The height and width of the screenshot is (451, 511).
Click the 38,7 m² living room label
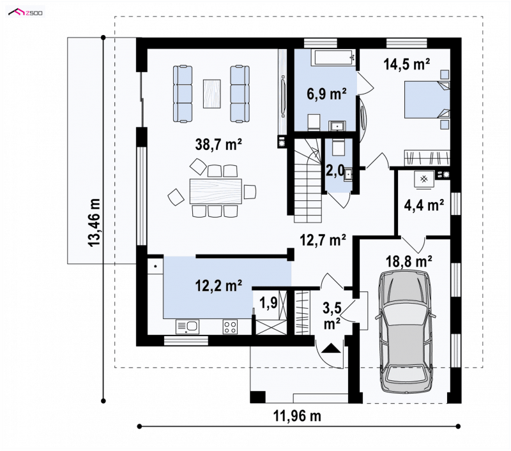218,144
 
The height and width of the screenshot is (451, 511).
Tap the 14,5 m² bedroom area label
407,64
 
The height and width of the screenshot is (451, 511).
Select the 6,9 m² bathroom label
326,94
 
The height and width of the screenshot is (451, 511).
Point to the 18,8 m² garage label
409,261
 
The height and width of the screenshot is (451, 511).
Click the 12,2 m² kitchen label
218,285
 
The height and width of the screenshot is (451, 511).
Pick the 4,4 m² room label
424,205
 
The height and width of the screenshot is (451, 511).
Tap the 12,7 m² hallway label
323,240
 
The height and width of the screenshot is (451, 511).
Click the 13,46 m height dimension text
95,222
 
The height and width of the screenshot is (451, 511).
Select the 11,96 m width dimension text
297,415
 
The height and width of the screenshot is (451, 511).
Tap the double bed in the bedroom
427,100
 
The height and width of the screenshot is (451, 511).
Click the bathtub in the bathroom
333,58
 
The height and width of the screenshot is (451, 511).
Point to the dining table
216,191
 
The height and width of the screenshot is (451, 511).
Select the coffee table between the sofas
212,94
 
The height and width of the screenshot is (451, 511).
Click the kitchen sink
187,327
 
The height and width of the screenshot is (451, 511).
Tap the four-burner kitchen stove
230,327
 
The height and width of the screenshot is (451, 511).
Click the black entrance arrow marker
331,348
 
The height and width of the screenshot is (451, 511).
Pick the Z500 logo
26,13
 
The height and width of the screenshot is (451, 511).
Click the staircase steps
308,181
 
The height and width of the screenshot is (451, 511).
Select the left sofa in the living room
183,94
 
